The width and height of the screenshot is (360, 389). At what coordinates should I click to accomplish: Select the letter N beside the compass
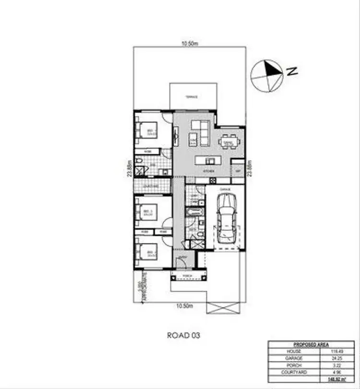291,72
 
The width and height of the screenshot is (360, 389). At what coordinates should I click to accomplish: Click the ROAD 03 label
183,335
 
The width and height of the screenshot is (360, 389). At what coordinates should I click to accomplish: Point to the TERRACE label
192,97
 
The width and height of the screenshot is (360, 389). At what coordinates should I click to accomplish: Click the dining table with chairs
228,142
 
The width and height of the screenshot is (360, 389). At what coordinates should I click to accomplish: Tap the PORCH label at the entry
189,276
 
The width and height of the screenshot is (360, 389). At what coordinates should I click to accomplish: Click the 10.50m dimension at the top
190,44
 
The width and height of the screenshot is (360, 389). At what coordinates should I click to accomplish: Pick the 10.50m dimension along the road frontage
185,306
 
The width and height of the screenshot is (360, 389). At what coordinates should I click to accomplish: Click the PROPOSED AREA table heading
311,345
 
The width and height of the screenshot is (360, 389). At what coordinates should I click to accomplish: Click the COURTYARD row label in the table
294,372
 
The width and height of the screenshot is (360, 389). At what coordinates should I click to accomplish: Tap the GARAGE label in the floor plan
226,190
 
